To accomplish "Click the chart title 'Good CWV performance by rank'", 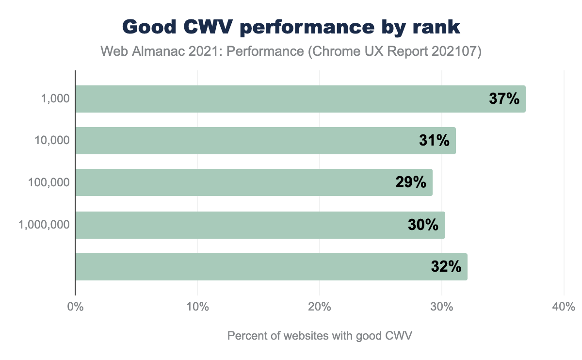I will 291,27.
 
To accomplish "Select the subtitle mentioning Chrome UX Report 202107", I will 291,52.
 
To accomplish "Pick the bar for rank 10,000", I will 242,141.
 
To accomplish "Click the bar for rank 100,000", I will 233,182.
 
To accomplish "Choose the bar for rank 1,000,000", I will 238,225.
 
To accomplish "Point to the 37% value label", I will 504,99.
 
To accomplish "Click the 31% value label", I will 434,141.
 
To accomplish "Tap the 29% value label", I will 411,182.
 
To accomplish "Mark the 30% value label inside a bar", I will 423,225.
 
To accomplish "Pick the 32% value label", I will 446,267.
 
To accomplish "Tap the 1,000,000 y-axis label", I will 45,225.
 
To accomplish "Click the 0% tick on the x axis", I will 75,307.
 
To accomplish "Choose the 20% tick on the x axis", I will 320,307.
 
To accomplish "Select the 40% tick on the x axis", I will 564,307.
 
